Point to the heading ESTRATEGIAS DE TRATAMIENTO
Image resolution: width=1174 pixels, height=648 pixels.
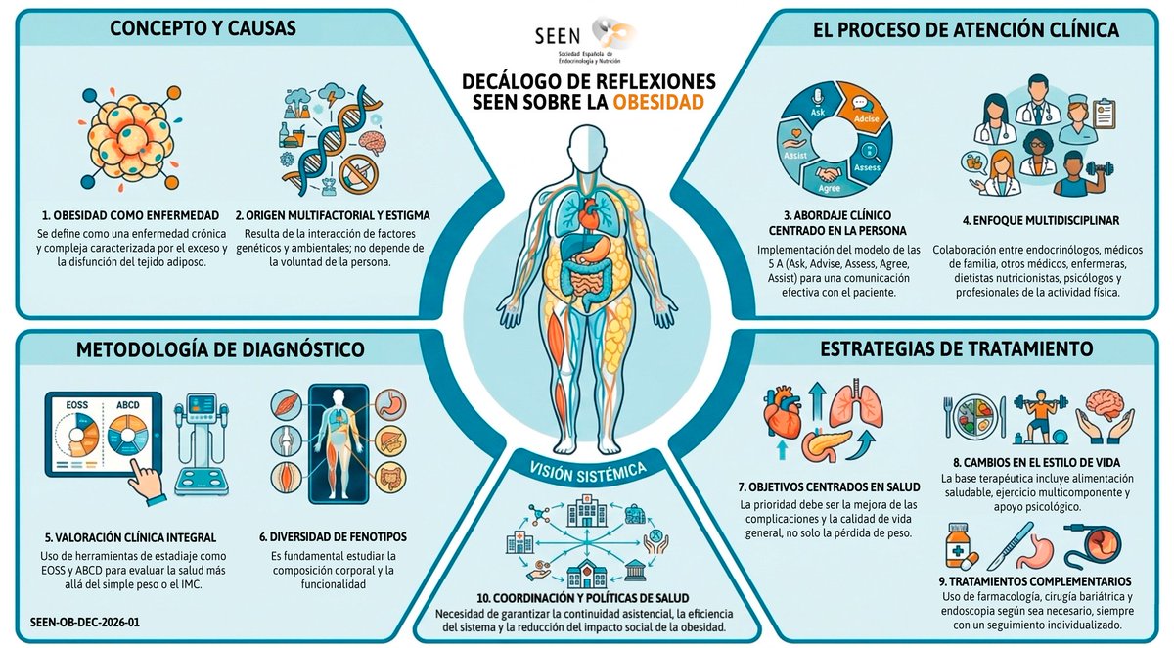[x=958, y=348]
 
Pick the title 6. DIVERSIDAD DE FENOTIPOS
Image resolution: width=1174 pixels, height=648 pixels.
[x=333, y=536]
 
